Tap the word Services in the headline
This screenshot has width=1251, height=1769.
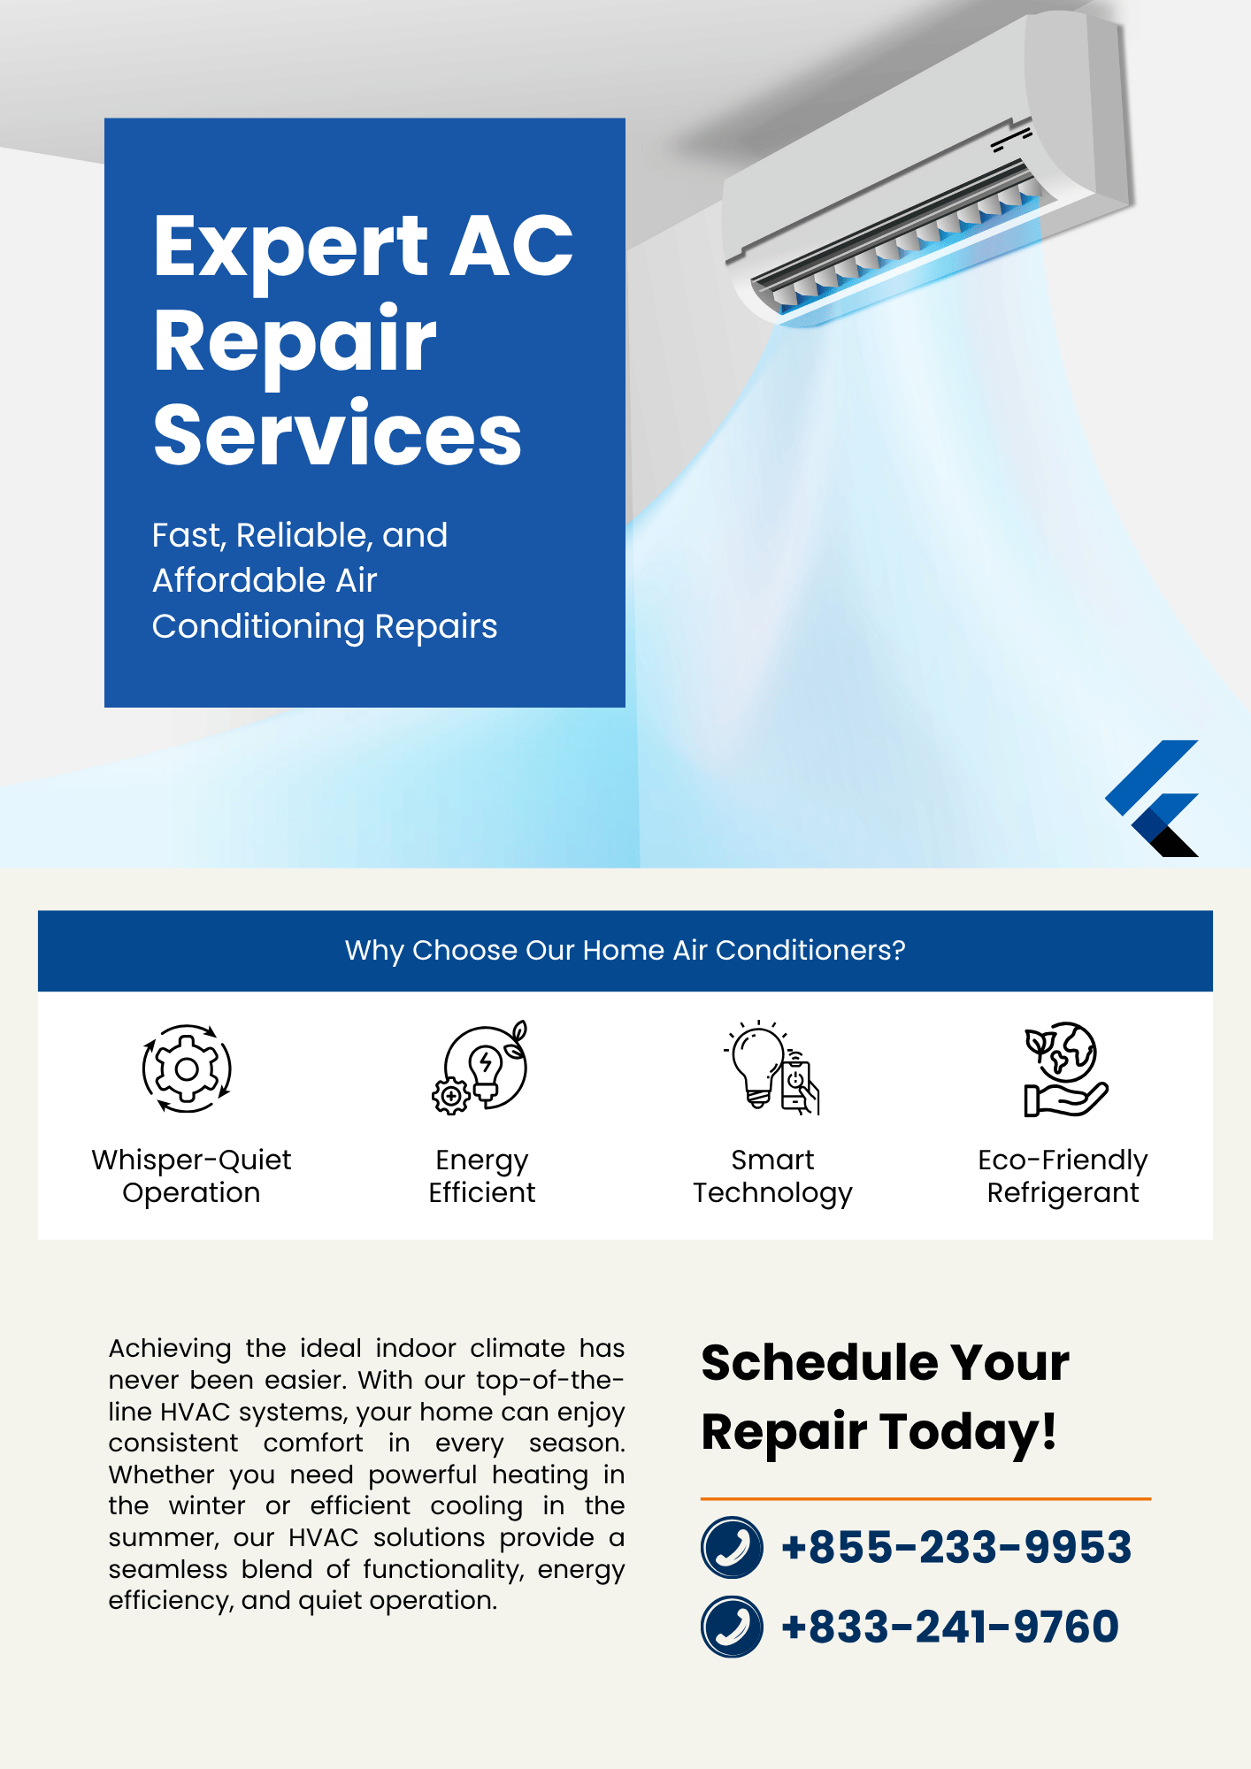(337, 433)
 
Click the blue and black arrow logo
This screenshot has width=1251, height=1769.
(1152, 798)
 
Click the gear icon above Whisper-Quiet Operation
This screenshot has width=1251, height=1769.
(187, 1068)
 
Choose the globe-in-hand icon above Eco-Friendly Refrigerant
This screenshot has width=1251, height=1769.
(1064, 1068)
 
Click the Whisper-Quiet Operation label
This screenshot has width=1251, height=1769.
(191, 1176)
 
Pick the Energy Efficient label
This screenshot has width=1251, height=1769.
(482, 1176)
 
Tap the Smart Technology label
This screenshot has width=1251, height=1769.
(772, 1176)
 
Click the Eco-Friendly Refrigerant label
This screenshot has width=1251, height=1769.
(1063, 1176)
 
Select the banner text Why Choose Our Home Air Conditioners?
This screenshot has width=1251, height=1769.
(625, 950)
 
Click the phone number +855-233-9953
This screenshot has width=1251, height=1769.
(956, 1547)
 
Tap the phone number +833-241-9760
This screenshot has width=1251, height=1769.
(950, 1627)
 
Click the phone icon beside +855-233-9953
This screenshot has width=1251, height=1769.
(732, 1547)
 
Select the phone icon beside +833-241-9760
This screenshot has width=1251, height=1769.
(732, 1627)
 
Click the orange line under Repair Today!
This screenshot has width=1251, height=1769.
(925, 1498)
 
